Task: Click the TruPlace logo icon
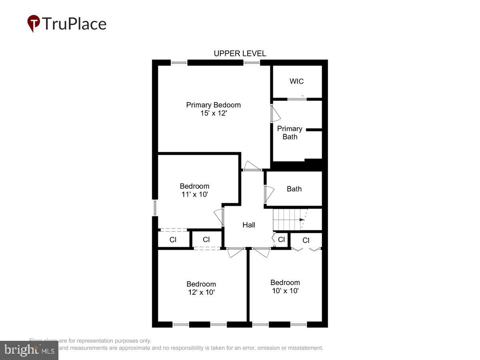coord(34,23)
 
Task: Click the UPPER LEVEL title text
coord(240,54)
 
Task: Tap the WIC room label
coord(296,81)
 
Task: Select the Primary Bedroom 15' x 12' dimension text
coord(214,113)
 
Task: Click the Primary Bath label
coord(290,133)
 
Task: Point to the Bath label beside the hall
coord(294,189)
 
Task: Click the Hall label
coord(249,225)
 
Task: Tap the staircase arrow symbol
coord(301,220)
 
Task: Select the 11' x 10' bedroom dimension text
coord(194,194)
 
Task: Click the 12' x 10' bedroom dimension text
coord(201,292)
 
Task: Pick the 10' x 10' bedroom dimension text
coord(285,290)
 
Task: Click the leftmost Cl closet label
coord(173,240)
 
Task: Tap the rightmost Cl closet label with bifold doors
coord(306,240)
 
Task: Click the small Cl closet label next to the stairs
coord(281,240)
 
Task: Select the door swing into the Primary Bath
coord(275,114)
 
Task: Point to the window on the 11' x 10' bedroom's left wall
coord(155,208)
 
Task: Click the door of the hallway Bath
coord(268,194)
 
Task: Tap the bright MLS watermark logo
coord(29,350)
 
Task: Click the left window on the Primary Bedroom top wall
coord(179,62)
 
